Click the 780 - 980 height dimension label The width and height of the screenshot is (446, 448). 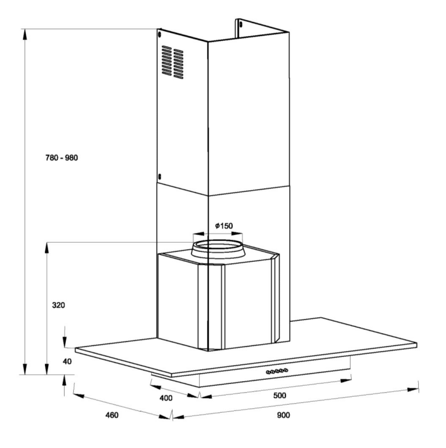[x=62, y=158]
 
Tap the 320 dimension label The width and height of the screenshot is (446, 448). [x=58, y=305]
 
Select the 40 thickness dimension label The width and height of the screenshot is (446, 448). [x=67, y=362]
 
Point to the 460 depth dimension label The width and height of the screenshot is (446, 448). [x=112, y=415]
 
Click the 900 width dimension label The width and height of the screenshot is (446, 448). [x=284, y=415]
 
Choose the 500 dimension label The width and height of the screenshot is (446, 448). [x=280, y=396]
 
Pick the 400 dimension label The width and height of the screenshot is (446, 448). [x=166, y=398]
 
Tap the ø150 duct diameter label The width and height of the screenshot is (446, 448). [x=224, y=226]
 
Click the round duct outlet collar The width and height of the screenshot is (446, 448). [x=218, y=249]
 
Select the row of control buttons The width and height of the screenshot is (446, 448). [x=277, y=371]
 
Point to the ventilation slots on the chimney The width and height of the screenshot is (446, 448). [x=173, y=62]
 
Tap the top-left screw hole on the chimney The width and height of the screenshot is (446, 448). [x=159, y=35]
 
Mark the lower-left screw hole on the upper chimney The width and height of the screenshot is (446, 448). [x=159, y=176]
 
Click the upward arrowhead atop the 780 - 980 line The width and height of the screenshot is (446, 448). [x=25, y=35]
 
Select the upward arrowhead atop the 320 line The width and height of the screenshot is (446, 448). [x=47, y=248]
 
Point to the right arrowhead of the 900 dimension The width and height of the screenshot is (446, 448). [x=413, y=389]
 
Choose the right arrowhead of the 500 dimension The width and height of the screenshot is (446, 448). [x=346, y=381]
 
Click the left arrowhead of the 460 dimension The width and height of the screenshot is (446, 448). [x=79, y=396]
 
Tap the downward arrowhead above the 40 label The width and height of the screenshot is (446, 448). [x=65, y=342]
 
